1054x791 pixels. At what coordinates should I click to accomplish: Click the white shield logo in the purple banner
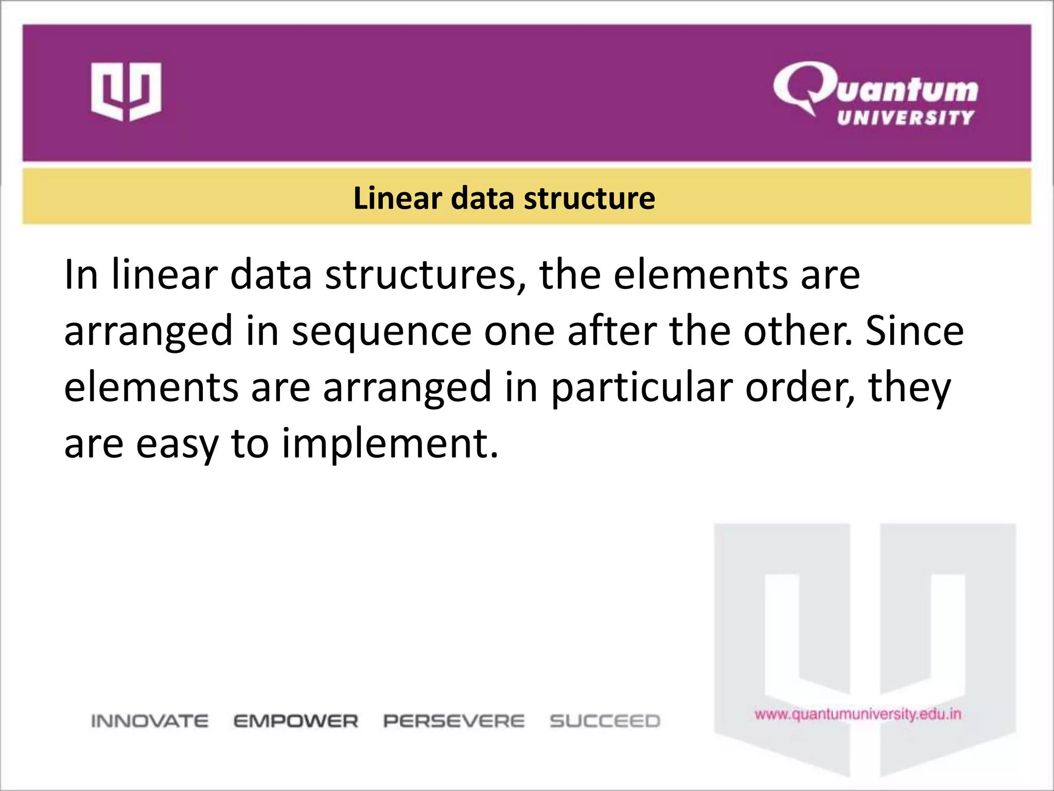pos(126,92)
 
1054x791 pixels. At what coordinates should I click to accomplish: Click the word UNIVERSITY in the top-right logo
pos(905,118)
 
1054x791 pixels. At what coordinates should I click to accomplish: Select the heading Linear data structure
pos(504,198)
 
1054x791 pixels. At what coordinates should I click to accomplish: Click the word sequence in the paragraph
pos(381,331)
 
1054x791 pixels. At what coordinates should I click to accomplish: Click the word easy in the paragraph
pos(177,443)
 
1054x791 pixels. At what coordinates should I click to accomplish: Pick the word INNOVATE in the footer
pos(150,721)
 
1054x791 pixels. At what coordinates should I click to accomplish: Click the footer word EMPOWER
pos(296,721)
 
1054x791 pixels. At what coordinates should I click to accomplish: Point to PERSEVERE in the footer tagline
pos(454,721)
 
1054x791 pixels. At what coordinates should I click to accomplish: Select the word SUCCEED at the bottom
pos(605,721)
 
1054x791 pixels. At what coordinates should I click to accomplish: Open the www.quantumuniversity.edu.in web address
pos(858,714)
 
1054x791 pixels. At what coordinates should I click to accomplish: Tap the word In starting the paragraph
pos(81,274)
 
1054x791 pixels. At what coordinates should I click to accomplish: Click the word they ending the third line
pos(909,387)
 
